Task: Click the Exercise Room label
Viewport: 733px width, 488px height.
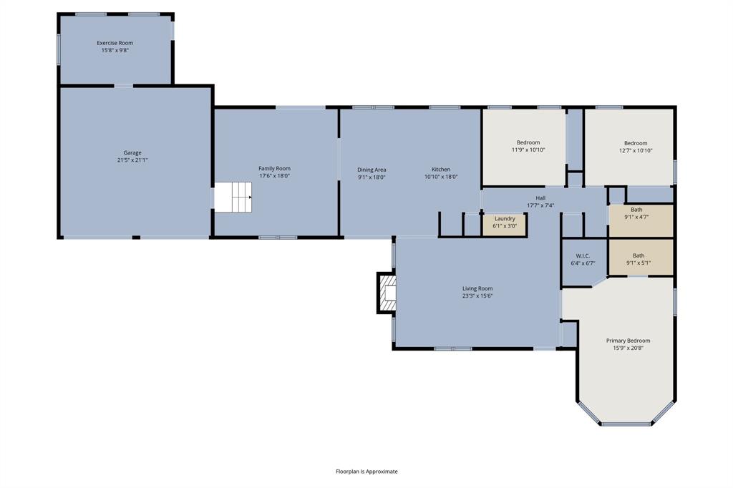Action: [x=115, y=43]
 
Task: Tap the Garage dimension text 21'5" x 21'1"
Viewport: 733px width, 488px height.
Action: [x=132, y=160]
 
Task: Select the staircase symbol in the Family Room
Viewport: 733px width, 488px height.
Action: [x=233, y=197]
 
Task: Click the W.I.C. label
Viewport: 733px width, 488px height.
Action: [x=583, y=255]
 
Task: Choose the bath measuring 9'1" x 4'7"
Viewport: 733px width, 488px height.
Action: [x=641, y=220]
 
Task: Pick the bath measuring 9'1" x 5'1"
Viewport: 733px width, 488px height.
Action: [x=641, y=258]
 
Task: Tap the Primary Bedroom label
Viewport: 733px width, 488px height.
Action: [x=628, y=341]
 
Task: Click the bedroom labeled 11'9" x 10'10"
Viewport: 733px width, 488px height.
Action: [x=524, y=147]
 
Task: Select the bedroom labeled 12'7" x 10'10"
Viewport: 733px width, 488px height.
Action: [x=629, y=147]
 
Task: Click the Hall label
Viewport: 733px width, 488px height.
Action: [x=540, y=198]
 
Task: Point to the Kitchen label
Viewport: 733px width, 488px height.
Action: [x=441, y=169]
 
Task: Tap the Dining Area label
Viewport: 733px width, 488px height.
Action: [x=372, y=170]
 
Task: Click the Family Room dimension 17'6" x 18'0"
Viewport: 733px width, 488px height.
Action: [x=274, y=176]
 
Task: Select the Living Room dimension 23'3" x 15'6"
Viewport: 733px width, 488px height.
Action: [x=477, y=296]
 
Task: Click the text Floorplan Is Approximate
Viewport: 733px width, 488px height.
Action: [x=366, y=471]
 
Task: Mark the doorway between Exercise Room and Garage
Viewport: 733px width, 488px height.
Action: [x=123, y=86]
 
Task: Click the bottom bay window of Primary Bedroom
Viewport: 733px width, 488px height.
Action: [x=626, y=424]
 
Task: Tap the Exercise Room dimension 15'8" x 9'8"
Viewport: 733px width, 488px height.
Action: [x=115, y=50]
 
